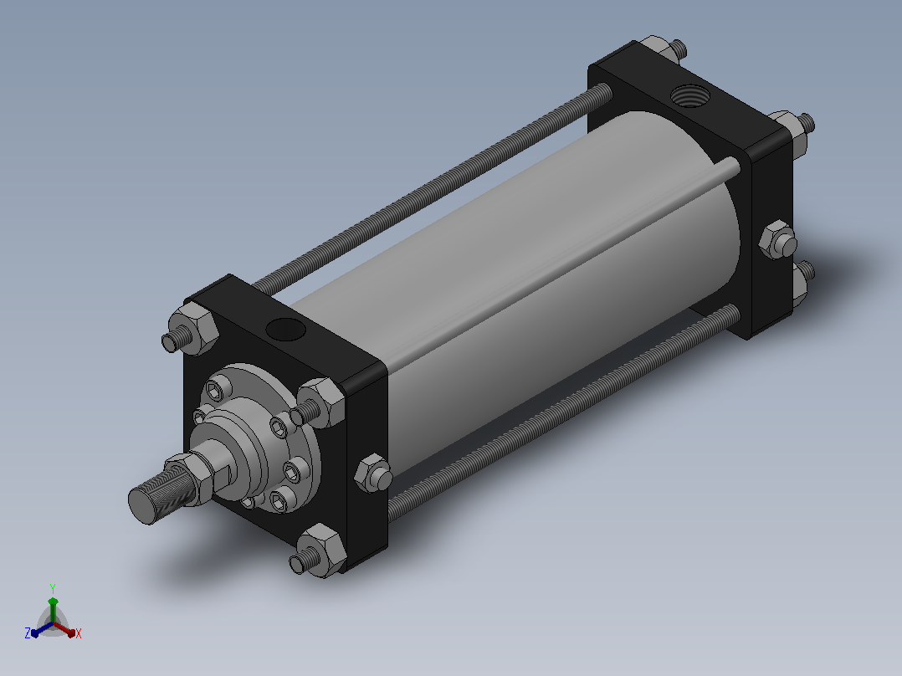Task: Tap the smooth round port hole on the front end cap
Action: pyautogui.click(x=285, y=330)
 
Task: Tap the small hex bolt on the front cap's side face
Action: pyautogui.click(x=373, y=474)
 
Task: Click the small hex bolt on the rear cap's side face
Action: pyautogui.click(x=778, y=239)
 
